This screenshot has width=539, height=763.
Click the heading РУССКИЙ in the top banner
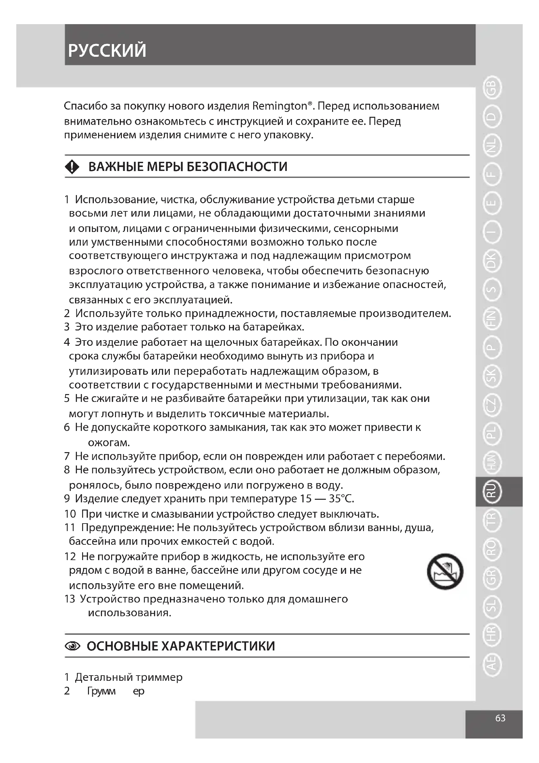pyautogui.click(x=107, y=51)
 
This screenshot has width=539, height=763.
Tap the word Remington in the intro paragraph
pyautogui.click(x=280, y=106)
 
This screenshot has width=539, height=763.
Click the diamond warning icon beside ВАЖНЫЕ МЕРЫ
pyautogui.click(x=72, y=166)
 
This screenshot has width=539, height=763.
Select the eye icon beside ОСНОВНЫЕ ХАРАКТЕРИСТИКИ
pyautogui.click(x=73, y=646)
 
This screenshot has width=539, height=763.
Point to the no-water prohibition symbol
pyautogui.click(x=445, y=571)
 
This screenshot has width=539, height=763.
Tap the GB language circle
pyautogui.click(x=491, y=88)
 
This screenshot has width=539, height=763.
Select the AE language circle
pyautogui.click(x=491, y=663)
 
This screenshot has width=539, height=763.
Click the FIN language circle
pyautogui.click(x=491, y=319)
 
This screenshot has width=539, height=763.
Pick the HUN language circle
pyautogui.click(x=491, y=462)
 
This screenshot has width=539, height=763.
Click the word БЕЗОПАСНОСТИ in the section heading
pyautogui.click(x=237, y=166)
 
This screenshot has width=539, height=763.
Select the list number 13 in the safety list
pyautogui.click(x=70, y=599)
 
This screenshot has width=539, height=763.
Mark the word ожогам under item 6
pyautogui.click(x=109, y=443)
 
